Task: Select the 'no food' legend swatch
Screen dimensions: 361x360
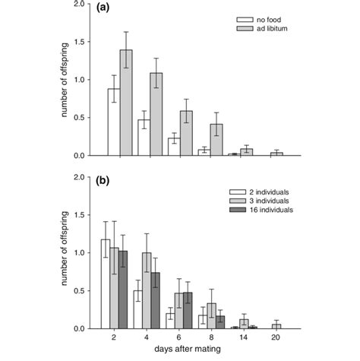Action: click(244, 17)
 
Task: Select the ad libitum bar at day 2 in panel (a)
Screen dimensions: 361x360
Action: click(126, 103)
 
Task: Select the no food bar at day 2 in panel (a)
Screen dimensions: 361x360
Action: click(114, 122)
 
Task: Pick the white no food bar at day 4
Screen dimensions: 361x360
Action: click(144, 138)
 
